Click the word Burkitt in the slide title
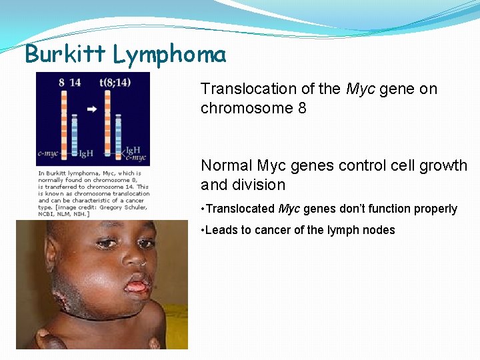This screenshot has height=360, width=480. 65,53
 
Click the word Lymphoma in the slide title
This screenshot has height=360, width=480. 169,55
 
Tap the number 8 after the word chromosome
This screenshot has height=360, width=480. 302,108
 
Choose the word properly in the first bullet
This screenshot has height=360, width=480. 436,209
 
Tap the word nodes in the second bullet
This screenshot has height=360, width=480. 379,230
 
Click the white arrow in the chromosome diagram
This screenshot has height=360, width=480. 92,108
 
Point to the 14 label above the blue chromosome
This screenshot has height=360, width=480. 75,82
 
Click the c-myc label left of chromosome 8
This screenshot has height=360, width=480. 47,153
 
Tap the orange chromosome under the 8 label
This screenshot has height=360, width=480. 64,120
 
